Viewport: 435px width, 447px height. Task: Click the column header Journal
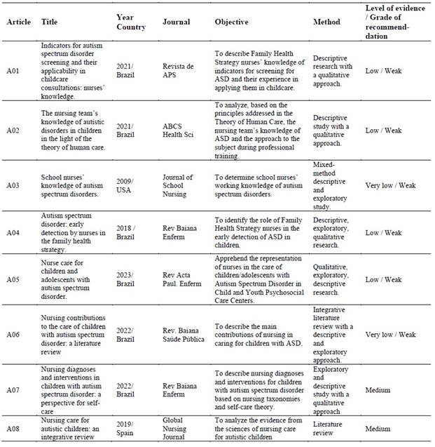click(x=176, y=22)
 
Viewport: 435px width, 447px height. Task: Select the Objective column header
click(x=231, y=22)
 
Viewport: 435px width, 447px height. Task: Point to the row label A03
click(x=15, y=185)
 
